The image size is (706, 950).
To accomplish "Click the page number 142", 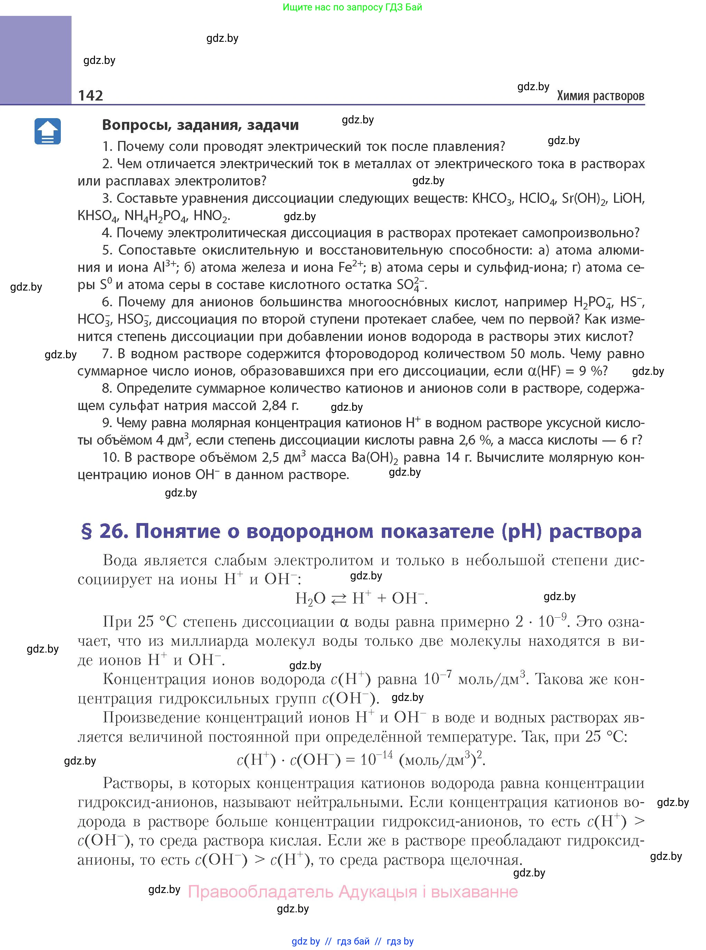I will tap(91, 95).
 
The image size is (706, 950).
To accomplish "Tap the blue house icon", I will tap(47, 132).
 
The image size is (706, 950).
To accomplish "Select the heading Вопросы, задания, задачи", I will tap(200, 125).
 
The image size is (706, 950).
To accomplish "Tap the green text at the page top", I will tap(352, 7).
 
